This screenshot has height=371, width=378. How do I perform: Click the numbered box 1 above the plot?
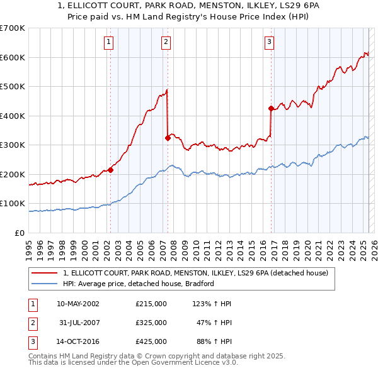coord(109,42)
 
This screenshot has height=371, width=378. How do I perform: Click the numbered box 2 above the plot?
coord(166,42)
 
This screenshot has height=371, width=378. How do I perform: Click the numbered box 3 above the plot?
coord(269,42)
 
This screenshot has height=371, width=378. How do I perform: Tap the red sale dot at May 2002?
coord(110,170)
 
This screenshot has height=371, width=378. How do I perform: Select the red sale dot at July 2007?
coord(168,138)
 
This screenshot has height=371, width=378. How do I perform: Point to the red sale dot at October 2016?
coord(270,109)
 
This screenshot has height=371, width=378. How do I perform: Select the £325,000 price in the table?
coord(151,323)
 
